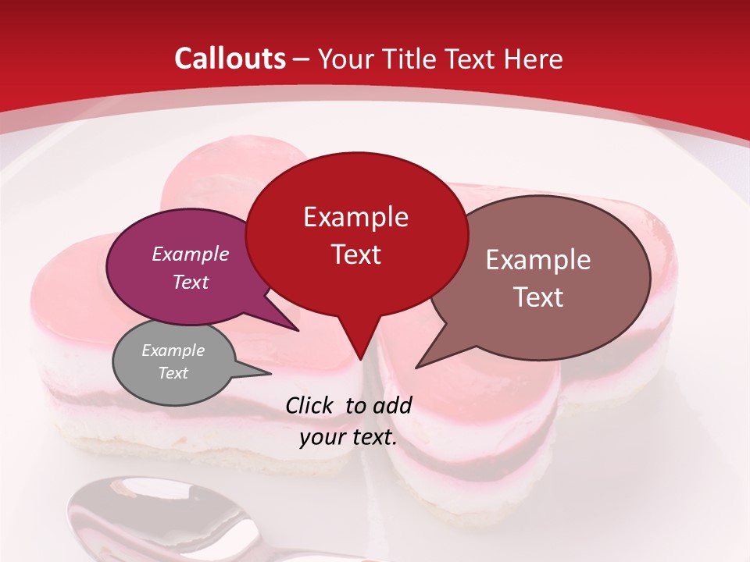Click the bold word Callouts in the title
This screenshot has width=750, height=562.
click(x=230, y=59)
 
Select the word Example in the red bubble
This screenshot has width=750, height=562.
click(x=355, y=217)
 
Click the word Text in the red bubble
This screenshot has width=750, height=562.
click(x=355, y=254)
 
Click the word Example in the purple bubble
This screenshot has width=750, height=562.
click(x=190, y=254)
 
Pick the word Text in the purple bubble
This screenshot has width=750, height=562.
click(x=190, y=282)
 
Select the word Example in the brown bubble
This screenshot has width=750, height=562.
click(x=538, y=260)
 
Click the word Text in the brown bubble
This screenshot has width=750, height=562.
click(x=538, y=297)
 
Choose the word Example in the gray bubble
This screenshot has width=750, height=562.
click(x=173, y=350)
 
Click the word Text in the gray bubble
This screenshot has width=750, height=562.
click(x=173, y=373)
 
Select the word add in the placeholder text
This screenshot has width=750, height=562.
click(x=392, y=405)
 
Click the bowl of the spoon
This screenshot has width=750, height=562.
click(x=156, y=519)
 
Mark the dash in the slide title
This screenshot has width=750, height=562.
click(x=302, y=59)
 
